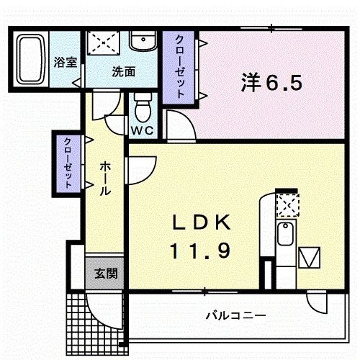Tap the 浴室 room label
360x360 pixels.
tap(66, 62)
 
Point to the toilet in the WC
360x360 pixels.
tap(142, 109)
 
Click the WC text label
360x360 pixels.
tap(140, 130)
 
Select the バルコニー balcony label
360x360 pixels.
tap(236, 315)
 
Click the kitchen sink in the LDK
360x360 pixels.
tap(285, 235)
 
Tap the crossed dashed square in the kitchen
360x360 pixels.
tap(288, 205)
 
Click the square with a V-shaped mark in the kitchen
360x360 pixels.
tap(311, 257)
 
